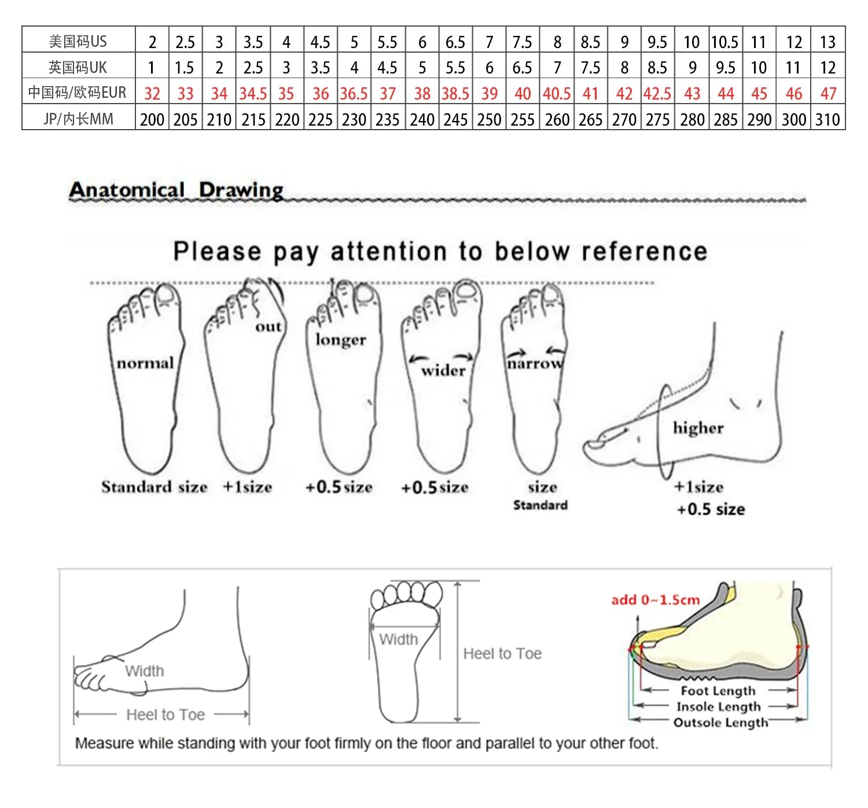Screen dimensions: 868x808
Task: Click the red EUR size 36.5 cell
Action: pos(354,93)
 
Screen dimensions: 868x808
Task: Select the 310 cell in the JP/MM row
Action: pos(827,119)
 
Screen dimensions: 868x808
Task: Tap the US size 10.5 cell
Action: pos(724,42)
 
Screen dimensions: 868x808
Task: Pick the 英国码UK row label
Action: pos(78,67)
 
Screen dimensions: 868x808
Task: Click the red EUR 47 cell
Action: pos(828,93)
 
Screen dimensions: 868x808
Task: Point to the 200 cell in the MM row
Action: pos(152,119)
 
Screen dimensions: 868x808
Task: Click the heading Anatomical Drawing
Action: pos(176,190)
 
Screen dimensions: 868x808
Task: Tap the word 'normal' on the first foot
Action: pos(145,363)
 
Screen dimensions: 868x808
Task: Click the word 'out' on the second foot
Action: pos(269,326)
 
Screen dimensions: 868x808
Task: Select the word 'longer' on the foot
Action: pos(341,340)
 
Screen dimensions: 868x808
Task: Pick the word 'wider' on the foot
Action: pos(443,371)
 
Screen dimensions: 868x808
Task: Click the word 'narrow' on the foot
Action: pos(535,363)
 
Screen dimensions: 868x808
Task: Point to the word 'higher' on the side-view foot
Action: pos(698,428)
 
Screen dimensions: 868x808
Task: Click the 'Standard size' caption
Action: pos(155,487)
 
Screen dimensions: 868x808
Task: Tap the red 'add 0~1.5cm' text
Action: pos(656,600)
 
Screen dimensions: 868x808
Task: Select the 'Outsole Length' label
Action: pos(720,722)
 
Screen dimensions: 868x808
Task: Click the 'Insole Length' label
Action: pos(719,707)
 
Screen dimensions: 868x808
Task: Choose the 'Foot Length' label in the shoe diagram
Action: pos(718,691)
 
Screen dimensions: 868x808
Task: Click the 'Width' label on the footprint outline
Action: pos(398,639)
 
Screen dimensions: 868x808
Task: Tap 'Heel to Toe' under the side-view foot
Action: pos(165,714)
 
